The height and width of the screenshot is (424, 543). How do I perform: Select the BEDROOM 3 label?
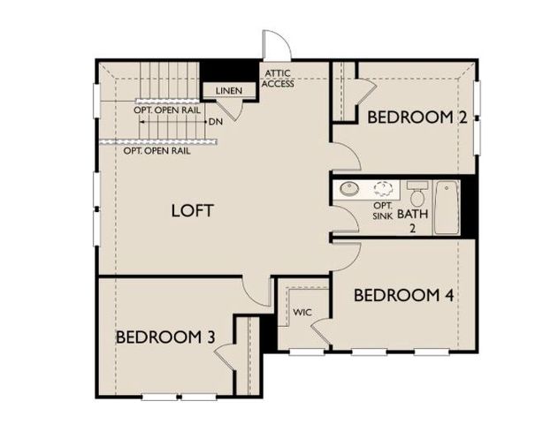[x=165, y=337]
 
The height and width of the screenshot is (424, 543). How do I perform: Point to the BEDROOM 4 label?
[x=404, y=295]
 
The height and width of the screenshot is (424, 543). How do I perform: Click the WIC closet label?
[x=302, y=313]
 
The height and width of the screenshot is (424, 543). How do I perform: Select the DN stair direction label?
[x=215, y=122]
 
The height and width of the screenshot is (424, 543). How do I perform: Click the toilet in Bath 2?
[x=417, y=194]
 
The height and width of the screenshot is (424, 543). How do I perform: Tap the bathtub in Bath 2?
[x=447, y=208]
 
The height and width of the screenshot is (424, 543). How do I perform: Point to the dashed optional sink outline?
[x=384, y=188]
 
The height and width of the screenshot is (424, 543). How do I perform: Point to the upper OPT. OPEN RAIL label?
[x=165, y=110]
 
